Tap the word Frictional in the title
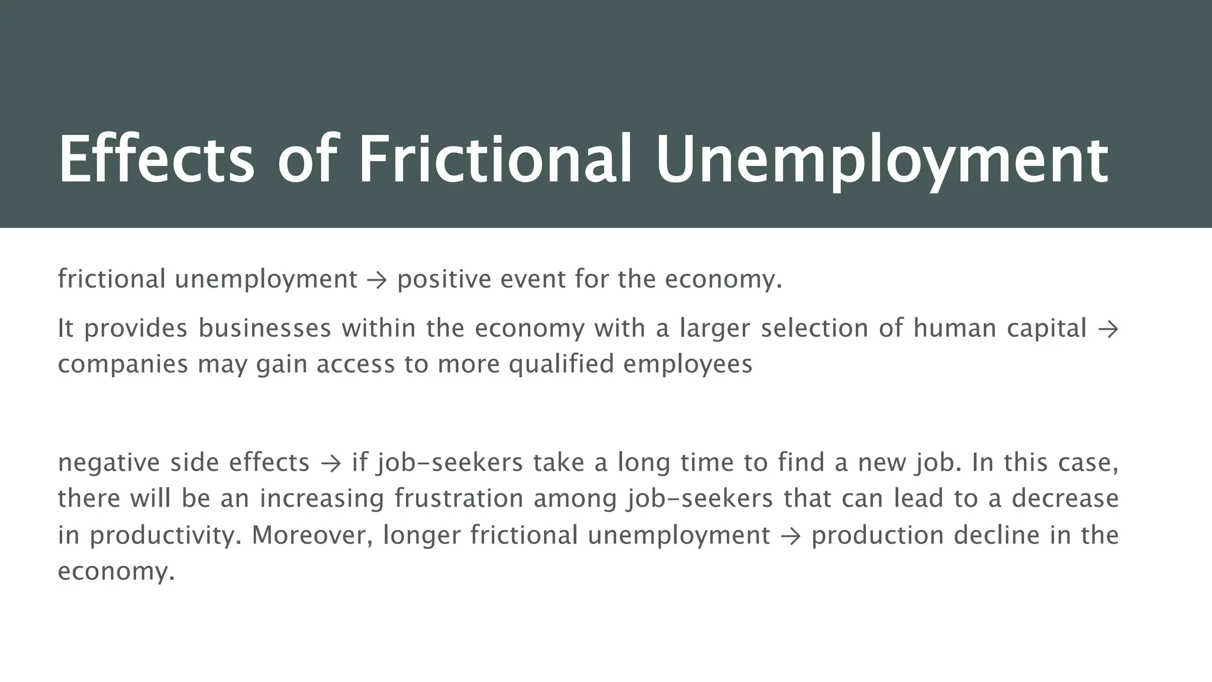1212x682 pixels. [x=496, y=160]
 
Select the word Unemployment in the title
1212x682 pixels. [x=882, y=160]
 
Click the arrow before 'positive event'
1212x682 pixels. [x=377, y=279]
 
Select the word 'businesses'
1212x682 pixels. [x=265, y=328]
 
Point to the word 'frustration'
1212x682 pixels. [x=459, y=498]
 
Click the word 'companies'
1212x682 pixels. [x=123, y=363]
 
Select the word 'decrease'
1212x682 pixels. [x=1065, y=498]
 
